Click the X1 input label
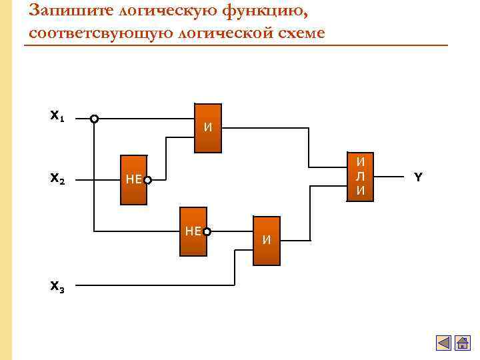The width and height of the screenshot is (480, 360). (57, 116)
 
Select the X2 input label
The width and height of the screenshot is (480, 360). (57, 179)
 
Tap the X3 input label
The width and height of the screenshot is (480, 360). (57, 287)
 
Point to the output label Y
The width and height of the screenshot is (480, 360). (418, 177)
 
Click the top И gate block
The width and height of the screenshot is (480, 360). (207, 129)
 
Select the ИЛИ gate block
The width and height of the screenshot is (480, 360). (360, 177)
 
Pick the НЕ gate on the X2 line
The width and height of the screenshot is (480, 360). (133, 179)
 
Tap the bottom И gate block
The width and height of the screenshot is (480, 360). (266, 240)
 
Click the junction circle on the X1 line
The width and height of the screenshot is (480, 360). (95, 119)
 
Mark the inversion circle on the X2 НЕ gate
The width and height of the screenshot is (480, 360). (147, 180)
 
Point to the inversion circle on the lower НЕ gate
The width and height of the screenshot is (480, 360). (207, 232)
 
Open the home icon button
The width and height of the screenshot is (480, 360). (461, 343)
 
